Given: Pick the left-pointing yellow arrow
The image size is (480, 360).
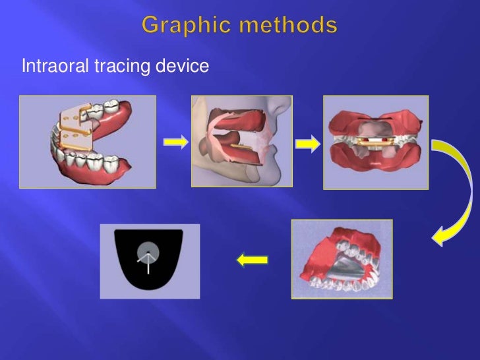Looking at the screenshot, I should [x=252, y=260].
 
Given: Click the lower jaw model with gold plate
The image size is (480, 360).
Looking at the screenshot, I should [x=88, y=142].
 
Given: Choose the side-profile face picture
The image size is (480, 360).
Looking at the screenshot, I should [x=241, y=140].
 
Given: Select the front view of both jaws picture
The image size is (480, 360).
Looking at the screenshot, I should [x=375, y=142].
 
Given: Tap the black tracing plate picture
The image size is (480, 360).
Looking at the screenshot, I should [x=150, y=261].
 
